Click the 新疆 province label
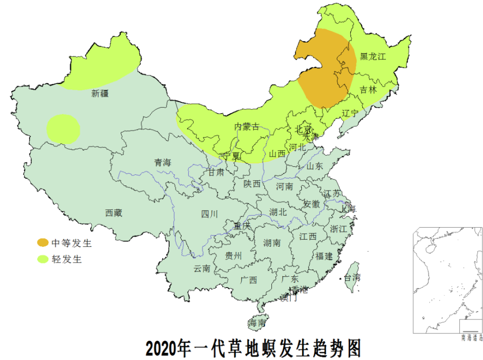pos(100,94)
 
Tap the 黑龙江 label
pos(373,57)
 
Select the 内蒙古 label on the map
pos(247,127)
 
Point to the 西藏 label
pos(114,213)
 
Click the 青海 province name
pos(163,163)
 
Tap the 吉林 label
pos(368,89)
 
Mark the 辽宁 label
pos(350,113)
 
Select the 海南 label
pos(257,323)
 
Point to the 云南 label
pos(202,269)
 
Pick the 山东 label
pos(314,166)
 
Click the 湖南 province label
pos(272,243)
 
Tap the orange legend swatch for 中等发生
pos(43,243)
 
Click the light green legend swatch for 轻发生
pos(43,259)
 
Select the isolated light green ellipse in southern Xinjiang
pos(63,129)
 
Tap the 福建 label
pos(324,256)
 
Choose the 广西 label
pos(249,280)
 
